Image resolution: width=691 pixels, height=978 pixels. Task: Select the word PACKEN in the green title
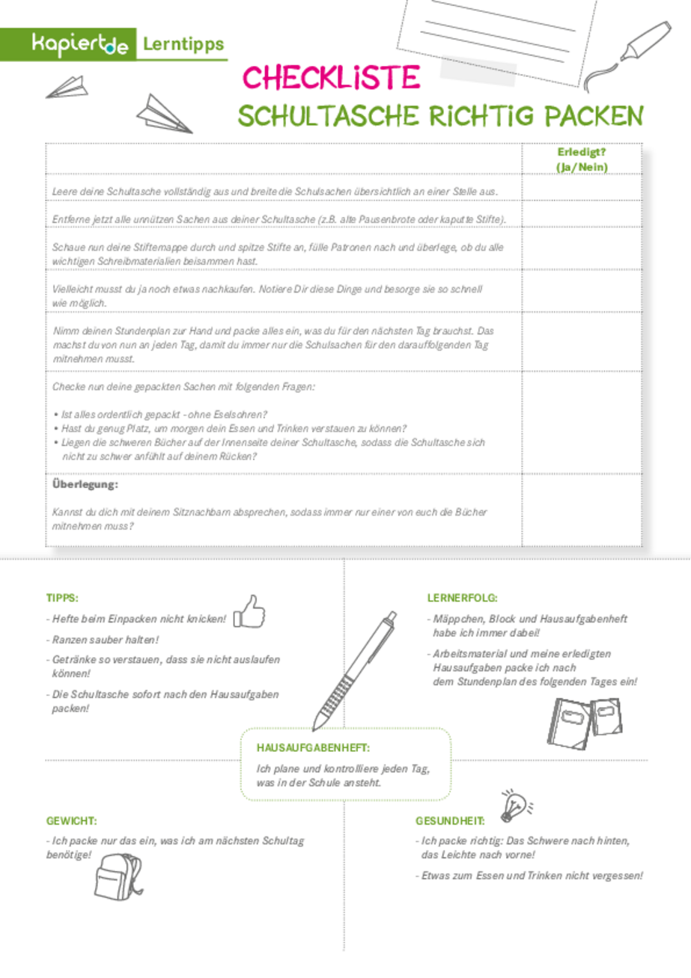click(x=594, y=117)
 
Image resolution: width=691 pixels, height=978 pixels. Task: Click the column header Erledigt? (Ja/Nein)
click(x=581, y=159)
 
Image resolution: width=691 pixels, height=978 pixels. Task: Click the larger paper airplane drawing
click(x=165, y=114)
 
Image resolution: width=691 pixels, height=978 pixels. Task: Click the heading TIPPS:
click(x=62, y=598)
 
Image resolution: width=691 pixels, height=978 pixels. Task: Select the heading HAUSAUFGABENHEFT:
click(x=313, y=747)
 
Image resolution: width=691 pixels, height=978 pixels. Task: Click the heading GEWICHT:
click(x=72, y=821)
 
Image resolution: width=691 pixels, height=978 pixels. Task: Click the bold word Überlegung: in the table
click(x=85, y=485)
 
